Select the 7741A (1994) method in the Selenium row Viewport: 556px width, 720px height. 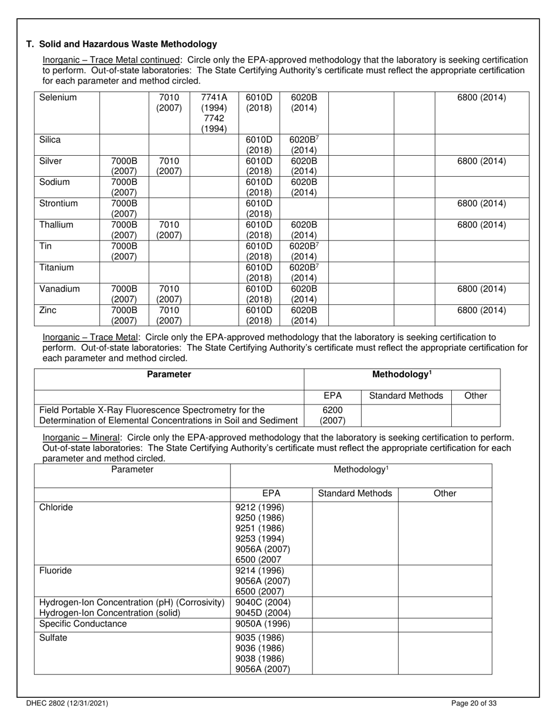click(x=214, y=102)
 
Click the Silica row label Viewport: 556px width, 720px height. click(x=50, y=140)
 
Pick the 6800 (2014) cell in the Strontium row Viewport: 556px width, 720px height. click(x=481, y=204)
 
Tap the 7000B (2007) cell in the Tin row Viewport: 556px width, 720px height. click(x=123, y=251)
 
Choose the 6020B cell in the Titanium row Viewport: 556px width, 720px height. click(x=304, y=273)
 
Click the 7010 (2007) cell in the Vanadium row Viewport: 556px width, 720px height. click(x=169, y=294)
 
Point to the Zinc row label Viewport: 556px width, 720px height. click(x=48, y=310)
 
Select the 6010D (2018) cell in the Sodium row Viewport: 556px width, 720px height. click(x=259, y=187)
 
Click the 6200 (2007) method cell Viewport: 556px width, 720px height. click(x=332, y=415)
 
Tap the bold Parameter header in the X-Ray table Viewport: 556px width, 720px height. click(x=169, y=375)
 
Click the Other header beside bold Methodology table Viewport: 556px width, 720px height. click(x=475, y=396)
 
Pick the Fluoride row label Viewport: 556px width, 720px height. click(x=56, y=571)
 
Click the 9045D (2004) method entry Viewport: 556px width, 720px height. click(x=262, y=613)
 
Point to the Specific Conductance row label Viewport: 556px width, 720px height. click(x=83, y=624)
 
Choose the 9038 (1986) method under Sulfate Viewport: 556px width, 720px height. click(x=259, y=659)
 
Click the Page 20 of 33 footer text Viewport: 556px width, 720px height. click(x=475, y=704)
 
